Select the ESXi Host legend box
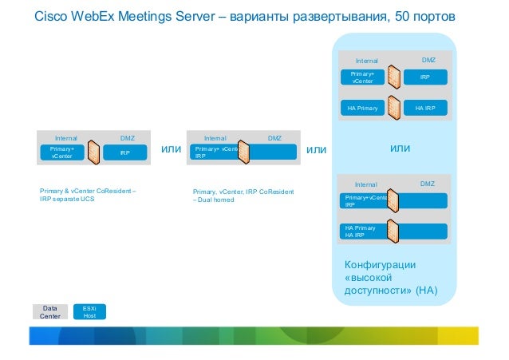(89, 311)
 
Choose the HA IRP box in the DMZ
(424, 107)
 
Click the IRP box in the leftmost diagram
(125, 152)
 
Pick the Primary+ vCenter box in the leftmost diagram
(61, 152)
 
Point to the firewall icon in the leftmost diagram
(94, 152)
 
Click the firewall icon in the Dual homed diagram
(244, 152)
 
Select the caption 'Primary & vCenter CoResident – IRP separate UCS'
(88, 194)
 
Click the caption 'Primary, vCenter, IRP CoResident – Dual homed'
(243, 196)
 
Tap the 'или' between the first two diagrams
(172, 148)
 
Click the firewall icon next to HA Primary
(393, 107)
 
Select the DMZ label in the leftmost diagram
(127, 138)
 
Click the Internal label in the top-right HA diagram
(366, 61)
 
